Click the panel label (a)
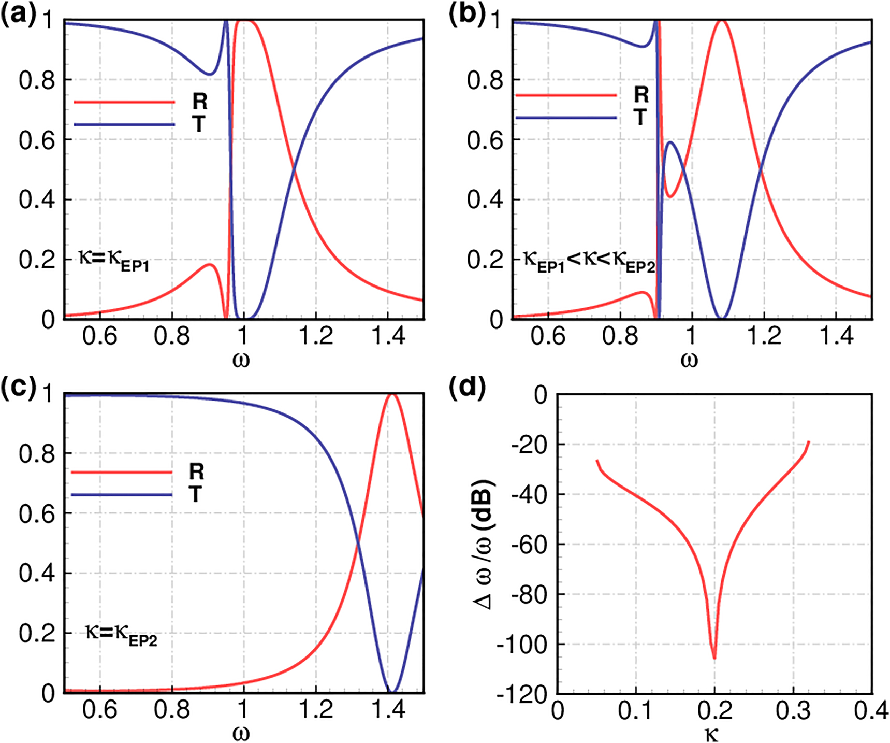pos(19,16)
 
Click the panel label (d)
pos(467,388)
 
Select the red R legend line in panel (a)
pos(124,102)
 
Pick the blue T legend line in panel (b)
pos(566,118)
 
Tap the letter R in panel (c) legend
pos(196,471)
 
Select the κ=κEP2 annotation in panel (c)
pos(121,635)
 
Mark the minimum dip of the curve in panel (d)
pos(714,657)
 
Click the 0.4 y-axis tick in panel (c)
pos(37,574)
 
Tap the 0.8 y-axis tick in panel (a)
pos(37,81)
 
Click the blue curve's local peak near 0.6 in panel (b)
pos(671,142)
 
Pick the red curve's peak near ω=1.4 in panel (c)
pos(392,395)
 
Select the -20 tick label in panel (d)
pos(529,445)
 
